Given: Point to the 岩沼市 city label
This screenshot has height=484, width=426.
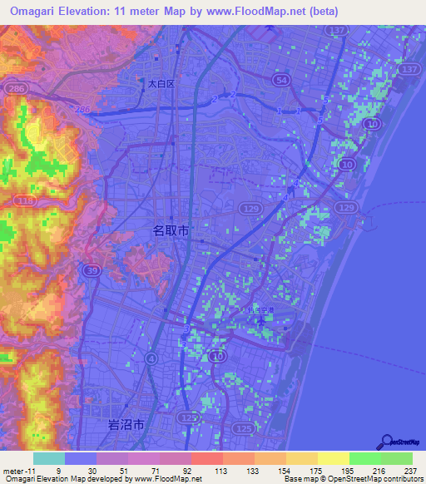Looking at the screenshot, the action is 126,424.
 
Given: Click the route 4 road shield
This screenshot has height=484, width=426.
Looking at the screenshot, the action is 151,358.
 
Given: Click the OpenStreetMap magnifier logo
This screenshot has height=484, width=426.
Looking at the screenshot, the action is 386,441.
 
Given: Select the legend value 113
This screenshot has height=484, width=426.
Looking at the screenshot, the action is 197,471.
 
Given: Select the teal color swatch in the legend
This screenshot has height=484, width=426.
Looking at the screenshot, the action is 49,458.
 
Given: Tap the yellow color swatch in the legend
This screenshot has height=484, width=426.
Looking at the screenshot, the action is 334,458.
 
